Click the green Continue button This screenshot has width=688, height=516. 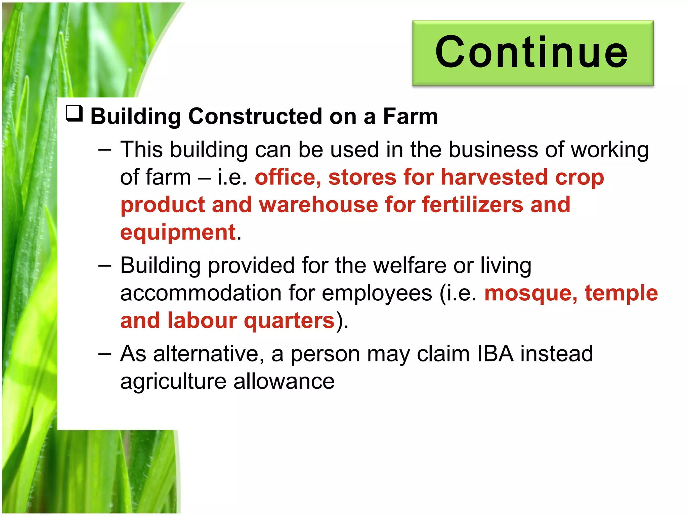(x=533, y=53)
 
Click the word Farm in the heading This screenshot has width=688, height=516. (x=410, y=116)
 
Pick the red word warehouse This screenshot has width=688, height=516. (x=318, y=205)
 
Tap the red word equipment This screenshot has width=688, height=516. (x=178, y=232)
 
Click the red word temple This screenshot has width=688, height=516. (x=621, y=293)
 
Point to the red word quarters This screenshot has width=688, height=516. (x=289, y=320)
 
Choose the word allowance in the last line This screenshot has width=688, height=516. (x=284, y=381)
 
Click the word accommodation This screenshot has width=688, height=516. (x=201, y=293)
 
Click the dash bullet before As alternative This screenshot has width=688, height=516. (x=105, y=354)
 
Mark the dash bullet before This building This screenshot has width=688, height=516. (x=105, y=150)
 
